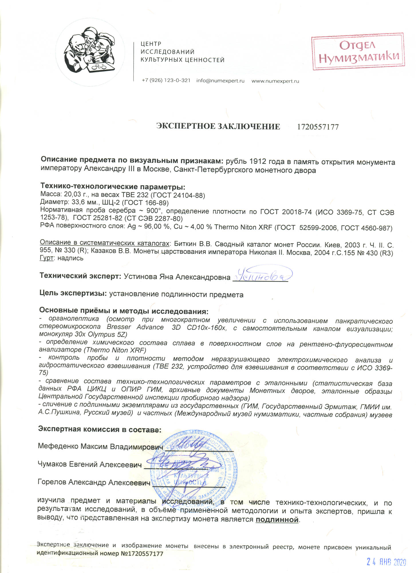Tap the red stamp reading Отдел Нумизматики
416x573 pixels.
[358, 52]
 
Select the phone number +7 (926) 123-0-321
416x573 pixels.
[166, 81]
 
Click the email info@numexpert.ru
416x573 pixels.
[220, 81]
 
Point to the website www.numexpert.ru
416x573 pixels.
[275, 81]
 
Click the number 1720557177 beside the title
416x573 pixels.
[318, 127]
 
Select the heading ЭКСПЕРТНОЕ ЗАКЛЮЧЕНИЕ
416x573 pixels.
[218, 127]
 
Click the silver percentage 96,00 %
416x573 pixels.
[151, 227]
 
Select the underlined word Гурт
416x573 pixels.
[46, 258]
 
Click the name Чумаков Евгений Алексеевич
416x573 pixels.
[90, 464]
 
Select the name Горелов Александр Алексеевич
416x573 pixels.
[94, 482]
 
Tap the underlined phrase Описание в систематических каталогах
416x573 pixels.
[105, 243]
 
